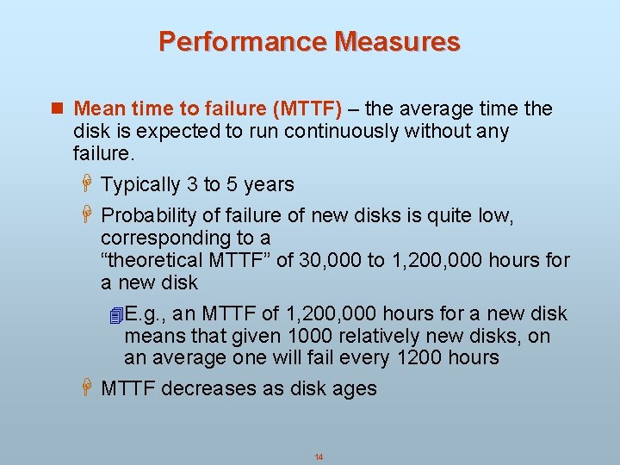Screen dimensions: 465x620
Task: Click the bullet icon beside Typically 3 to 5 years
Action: click(86, 185)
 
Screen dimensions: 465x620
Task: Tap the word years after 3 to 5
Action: click(269, 185)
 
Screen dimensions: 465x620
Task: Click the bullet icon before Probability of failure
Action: click(86, 216)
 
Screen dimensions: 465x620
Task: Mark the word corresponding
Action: click(172, 239)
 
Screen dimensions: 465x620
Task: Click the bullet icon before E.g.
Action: click(118, 315)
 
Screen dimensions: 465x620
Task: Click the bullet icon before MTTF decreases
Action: click(86, 389)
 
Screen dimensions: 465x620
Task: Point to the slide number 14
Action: click(319, 457)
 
